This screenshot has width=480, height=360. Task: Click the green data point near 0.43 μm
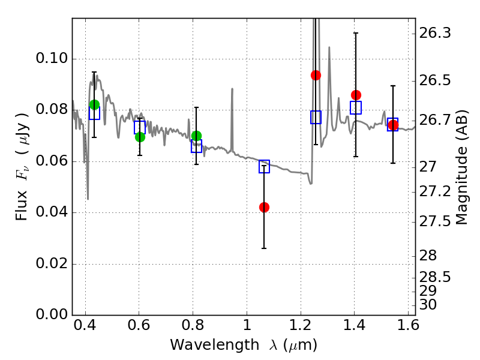94,104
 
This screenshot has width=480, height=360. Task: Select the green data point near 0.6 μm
140,137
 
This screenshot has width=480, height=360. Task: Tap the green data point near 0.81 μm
196,136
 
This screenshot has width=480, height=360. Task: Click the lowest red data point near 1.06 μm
264,207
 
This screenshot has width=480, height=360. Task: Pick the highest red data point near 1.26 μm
316,75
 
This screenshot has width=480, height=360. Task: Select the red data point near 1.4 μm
356,95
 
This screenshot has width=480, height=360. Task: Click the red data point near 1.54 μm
393,125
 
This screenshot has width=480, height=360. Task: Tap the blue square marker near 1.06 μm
264,167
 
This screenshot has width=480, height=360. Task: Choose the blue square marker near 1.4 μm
356,108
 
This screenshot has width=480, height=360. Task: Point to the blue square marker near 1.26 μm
316,118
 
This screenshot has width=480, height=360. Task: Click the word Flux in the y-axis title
22,207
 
